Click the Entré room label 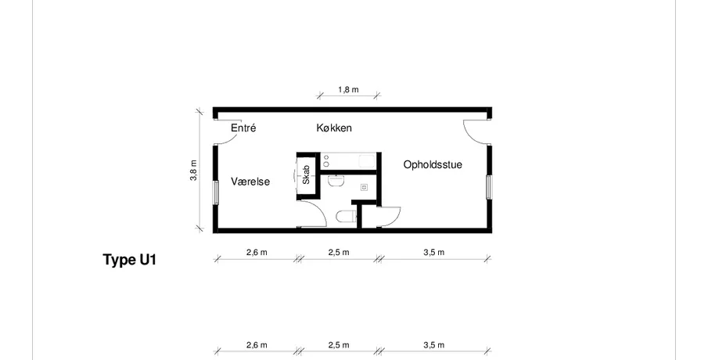pos(243,128)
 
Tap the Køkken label pos(334,128)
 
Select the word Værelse pos(250,182)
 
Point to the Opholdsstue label pos(433,164)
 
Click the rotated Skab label pos(306,175)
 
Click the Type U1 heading pos(130,260)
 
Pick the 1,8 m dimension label pos(349,89)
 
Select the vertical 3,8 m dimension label pos(194,171)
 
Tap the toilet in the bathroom pos(347,216)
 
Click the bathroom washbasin pos(336,181)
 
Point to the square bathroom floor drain pos(364,187)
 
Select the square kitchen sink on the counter pos(367,160)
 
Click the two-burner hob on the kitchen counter pos(326,160)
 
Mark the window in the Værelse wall pos(216,193)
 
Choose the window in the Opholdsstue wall pos(488,186)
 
